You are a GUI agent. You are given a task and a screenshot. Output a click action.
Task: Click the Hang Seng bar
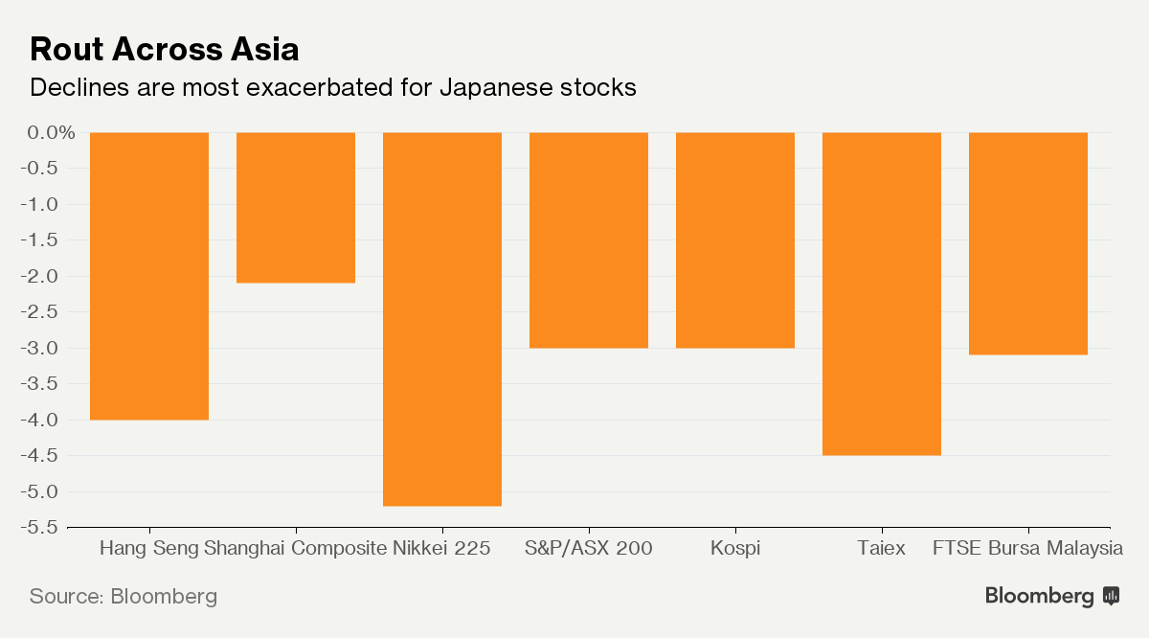click(149, 276)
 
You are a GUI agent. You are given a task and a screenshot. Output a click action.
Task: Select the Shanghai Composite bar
click(296, 207)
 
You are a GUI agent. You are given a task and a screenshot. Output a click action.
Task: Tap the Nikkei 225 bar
click(442, 319)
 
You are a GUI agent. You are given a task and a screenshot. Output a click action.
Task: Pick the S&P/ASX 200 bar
click(589, 239)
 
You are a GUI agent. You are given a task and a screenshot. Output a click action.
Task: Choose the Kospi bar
click(735, 239)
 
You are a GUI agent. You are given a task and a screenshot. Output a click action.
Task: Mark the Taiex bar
click(882, 293)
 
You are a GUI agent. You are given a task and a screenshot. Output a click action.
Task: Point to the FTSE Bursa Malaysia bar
click(1028, 243)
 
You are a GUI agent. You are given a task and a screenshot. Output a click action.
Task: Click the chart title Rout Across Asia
click(165, 49)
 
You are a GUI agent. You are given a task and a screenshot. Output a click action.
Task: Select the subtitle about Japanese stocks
click(333, 88)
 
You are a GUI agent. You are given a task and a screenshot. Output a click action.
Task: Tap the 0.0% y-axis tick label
click(51, 132)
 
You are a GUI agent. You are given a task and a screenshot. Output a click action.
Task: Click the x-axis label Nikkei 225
click(441, 549)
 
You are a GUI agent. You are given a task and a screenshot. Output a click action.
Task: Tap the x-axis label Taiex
click(881, 549)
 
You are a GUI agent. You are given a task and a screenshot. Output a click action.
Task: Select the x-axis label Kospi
click(735, 549)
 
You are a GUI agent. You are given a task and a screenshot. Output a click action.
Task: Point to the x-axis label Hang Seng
click(149, 549)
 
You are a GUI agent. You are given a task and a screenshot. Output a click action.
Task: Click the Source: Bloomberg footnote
click(124, 596)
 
